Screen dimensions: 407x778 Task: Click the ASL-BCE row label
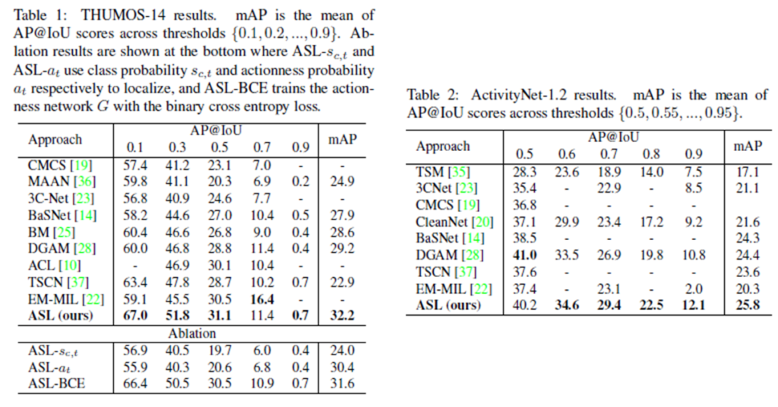click(x=56, y=383)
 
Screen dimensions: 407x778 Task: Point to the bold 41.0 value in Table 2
click(x=526, y=254)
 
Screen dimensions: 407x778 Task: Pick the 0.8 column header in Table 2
click(x=651, y=154)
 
